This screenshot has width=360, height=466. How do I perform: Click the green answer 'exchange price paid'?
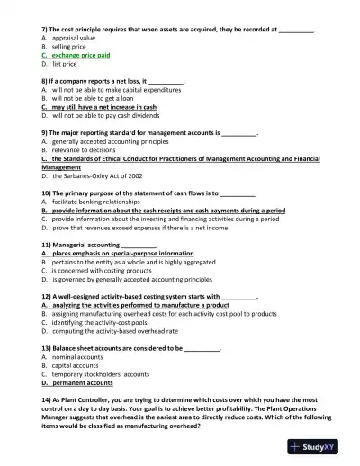[80, 55]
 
